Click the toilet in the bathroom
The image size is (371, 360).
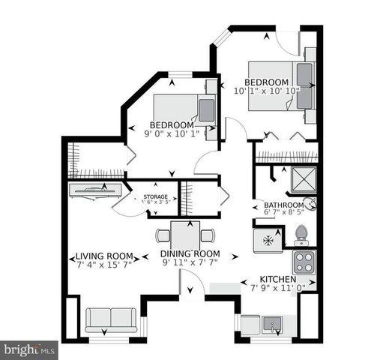pos(301,235)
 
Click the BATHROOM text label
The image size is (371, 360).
pos(278,205)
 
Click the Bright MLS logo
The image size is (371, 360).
pos(29,349)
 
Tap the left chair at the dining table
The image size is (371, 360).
pos(163,235)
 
